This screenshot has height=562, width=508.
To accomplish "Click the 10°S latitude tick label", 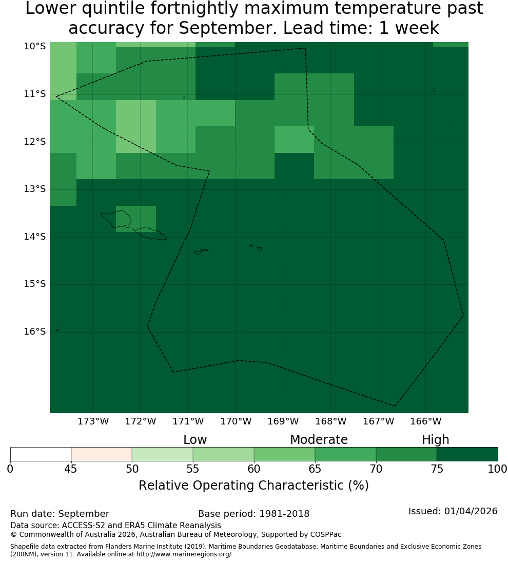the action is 35,46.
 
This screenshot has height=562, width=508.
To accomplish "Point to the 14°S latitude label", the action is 35,237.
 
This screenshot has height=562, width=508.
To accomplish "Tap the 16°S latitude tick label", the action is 35,332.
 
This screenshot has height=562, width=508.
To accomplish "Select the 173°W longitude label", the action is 93,421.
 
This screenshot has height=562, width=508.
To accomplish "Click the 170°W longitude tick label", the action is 236,421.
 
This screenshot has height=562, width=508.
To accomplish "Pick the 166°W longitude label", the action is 425,421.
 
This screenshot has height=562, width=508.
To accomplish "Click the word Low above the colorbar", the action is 195,439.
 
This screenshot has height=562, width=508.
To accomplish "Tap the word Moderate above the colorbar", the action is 319,439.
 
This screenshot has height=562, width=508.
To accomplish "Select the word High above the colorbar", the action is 435,440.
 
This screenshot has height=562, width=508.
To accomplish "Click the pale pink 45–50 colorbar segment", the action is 102,454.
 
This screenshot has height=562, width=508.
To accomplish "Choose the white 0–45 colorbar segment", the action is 41,454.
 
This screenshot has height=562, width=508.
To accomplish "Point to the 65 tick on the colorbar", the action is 315,469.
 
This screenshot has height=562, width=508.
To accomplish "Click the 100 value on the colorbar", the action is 498,469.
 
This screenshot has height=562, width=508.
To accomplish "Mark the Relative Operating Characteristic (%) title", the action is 253,486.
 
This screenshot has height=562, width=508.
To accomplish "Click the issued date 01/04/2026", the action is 471,511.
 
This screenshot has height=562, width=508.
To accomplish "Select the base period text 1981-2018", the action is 284,514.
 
